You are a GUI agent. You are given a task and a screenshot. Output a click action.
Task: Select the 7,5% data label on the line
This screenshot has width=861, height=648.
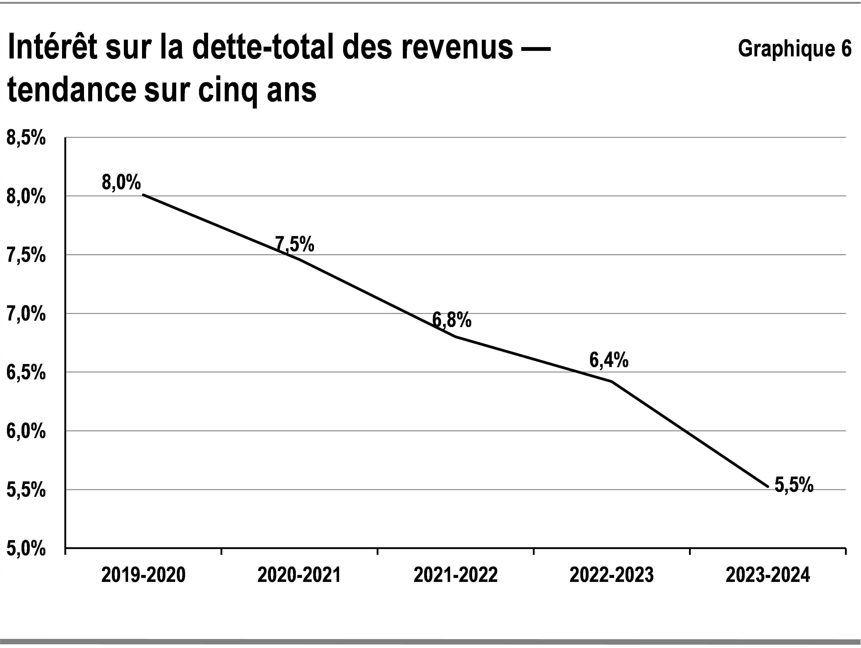point(295,244)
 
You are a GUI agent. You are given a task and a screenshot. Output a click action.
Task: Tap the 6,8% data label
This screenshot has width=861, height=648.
point(452,320)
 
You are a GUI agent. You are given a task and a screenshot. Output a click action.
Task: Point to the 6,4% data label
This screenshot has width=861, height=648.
point(609,360)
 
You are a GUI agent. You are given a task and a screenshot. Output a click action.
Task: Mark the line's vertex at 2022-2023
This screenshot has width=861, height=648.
point(612,381)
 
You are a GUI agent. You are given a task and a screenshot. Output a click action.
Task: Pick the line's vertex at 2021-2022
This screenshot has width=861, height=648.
point(455,337)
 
